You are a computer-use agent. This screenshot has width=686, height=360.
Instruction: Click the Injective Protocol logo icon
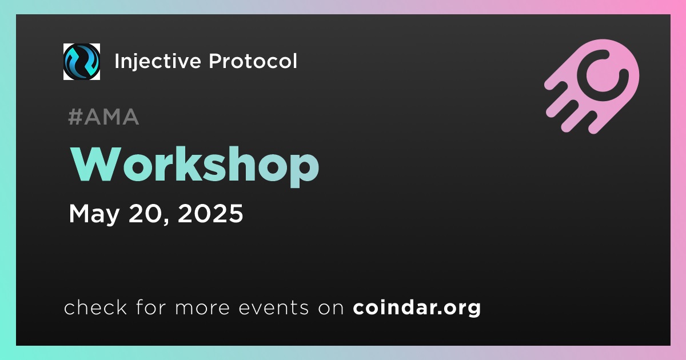point(81,62)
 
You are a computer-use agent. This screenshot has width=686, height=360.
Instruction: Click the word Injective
point(158,62)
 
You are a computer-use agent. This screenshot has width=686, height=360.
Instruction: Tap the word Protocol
point(253,61)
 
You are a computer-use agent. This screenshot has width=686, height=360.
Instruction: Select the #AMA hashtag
point(103,117)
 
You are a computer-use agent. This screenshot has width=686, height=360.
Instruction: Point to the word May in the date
point(94,214)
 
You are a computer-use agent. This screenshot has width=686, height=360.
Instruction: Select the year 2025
point(210,213)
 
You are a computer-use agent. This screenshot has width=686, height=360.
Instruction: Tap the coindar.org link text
point(417,307)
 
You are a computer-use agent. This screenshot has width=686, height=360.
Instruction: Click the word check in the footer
point(95,307)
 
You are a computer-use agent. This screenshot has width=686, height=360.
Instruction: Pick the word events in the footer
point(274,307)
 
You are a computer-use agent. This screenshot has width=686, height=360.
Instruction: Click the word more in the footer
point(202,308)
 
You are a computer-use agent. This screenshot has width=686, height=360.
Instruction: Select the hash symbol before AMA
point(75,117)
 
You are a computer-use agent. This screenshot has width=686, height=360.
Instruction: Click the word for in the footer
point(151,307)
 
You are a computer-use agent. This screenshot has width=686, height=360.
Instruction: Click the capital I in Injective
point(117,61)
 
